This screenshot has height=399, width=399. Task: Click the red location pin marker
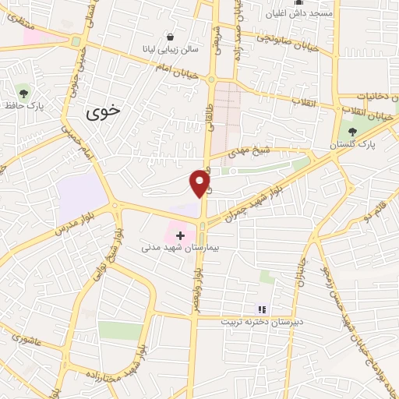(x=201, y=182)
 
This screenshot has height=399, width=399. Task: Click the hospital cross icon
(x=180, y=235)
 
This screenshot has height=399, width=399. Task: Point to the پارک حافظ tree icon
(x=25, y=92)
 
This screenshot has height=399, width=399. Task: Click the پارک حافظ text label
(x=22, y=105)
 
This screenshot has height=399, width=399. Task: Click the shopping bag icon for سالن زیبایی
(x=171, y=37)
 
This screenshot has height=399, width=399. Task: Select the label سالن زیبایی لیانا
(x=176, y=48)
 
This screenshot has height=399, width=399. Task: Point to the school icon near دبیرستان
(x=262, y=309)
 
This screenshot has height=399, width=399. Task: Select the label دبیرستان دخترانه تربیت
(x=258, y=322)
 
